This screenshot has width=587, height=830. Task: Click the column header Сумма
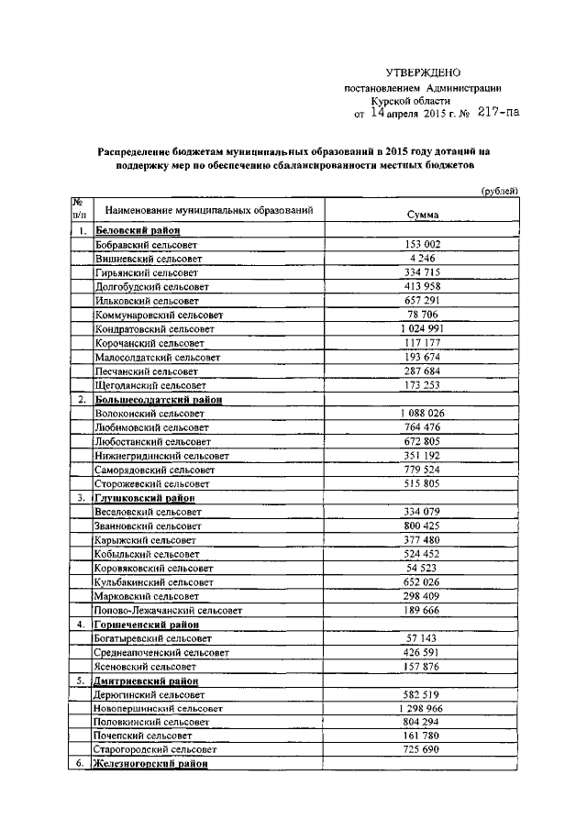point(422,216)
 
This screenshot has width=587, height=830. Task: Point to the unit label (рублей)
point(501,190)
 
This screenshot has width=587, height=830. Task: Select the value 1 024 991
point(422,328)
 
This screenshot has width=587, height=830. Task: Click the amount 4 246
point(422,260)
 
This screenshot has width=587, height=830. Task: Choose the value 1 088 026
point(422,414)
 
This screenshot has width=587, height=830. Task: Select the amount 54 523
point(422,568)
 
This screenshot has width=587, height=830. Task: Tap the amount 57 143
point(422,637)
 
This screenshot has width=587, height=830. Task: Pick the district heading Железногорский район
point(151,763)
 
